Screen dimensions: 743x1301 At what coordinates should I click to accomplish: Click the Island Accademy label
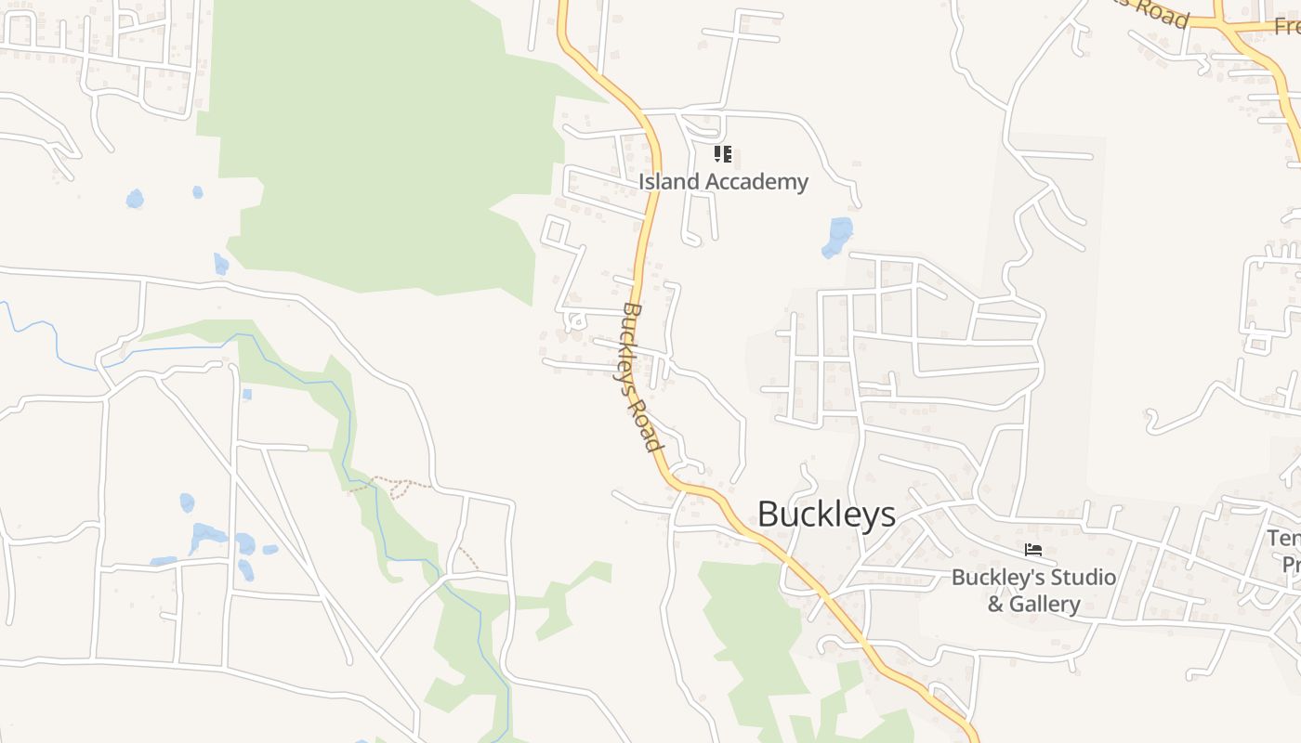(723, 181)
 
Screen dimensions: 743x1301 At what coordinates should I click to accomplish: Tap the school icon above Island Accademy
(723, 154)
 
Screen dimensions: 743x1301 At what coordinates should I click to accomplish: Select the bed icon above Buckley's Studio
(1032, 551)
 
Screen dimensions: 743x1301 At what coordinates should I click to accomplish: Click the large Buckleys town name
(826, 514)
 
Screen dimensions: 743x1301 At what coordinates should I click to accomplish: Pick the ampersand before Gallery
(995, 605)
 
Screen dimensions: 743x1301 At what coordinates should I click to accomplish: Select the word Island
(668, 181)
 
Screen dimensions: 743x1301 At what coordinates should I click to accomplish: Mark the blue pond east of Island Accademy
(837, 236)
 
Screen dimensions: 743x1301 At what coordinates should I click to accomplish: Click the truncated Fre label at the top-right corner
(1287, 26)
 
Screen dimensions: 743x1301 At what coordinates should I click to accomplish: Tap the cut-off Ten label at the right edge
(1283, 539)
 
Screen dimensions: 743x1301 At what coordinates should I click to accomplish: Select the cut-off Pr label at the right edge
(1291, 565)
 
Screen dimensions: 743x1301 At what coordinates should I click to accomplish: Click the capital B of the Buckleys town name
(769, 514)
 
